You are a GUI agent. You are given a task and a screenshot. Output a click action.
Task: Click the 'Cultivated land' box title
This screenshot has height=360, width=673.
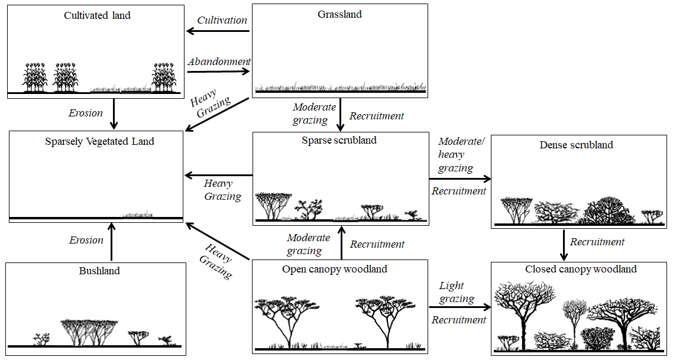(x=97, y=15)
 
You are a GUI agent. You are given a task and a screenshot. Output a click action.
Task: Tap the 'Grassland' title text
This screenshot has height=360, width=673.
(x=339, y=14)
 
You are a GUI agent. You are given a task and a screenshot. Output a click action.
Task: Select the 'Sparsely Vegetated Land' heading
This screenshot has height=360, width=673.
(x=99, y=141)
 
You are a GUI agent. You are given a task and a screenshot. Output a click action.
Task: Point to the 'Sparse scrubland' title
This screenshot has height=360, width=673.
(x=339, y=140)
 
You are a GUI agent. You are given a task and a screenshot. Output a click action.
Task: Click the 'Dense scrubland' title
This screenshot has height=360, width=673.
(x=576, y=145)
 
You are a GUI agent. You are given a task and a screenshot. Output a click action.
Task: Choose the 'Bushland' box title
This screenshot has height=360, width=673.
(x=99, y=271)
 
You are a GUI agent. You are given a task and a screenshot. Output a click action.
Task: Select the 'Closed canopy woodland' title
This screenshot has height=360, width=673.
(x=581, y=269)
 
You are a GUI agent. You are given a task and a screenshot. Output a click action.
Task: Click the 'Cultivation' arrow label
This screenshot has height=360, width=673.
(x=222, y=20)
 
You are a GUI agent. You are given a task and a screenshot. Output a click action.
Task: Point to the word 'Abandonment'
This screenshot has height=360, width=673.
(x=219, y=61)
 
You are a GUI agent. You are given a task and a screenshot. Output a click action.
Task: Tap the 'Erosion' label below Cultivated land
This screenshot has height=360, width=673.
(x=86, y=113)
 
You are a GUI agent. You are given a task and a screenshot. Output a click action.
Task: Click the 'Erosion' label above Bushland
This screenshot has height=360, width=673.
(x=86, y=240)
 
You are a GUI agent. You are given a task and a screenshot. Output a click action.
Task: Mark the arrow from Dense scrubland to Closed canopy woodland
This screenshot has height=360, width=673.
(x=564, y=245)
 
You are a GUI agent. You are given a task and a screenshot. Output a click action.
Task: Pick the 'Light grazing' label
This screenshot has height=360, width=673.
(x=457, y=292)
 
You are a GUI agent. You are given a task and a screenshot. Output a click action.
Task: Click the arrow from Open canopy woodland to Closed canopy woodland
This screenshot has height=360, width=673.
(x=460, y=307)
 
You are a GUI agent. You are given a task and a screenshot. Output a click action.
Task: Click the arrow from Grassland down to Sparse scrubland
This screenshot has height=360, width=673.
(x=341, y=115)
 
